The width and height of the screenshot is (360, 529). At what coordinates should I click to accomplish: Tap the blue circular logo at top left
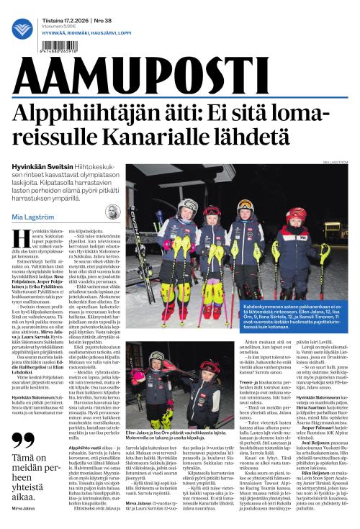coord(22,29)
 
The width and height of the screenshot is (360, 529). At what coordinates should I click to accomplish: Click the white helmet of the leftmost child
coord(188,206)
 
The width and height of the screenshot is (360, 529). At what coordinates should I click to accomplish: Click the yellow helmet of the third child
coord(245,205)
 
